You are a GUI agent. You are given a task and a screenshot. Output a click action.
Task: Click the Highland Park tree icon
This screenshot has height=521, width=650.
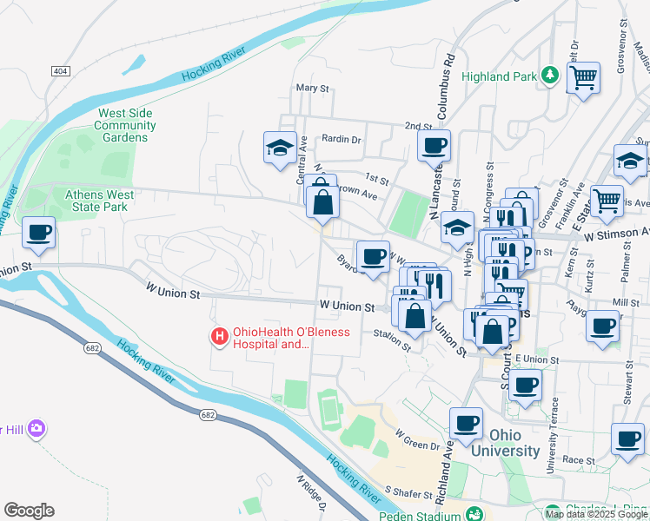point(548,76)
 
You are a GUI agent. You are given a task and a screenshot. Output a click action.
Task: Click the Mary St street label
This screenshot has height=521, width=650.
point(313,89)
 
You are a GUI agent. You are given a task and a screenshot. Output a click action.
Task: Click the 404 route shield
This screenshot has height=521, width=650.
point(60,70)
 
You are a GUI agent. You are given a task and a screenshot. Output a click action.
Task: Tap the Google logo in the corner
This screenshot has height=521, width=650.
point(29,511)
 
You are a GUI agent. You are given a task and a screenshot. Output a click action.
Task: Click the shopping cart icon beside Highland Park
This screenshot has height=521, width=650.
point(584,78)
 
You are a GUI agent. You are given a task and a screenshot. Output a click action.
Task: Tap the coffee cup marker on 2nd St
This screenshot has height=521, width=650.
point(434,145)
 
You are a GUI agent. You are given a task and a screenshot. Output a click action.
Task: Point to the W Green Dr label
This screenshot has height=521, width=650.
point(418,439)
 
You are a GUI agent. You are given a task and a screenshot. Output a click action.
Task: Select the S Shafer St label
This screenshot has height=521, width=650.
point(408,493)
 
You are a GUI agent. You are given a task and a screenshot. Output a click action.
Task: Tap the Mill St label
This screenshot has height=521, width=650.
point(626,302)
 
